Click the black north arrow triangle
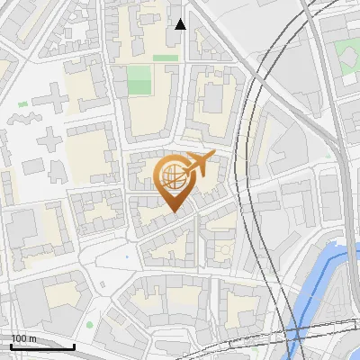[x=181, y=24]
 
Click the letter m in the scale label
[x=33, y=338]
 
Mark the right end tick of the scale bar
[x=74, y=345]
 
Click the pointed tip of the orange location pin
[x=174, y=211]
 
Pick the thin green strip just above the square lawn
[x=165, y=58]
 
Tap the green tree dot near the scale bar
[x=89, y=324]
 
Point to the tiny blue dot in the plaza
[x=127, y=257]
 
